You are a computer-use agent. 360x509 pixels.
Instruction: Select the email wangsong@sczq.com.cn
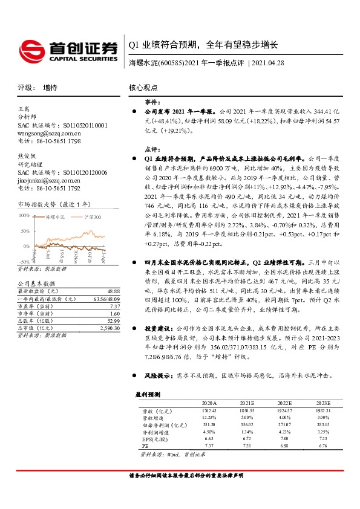tap(49, 132)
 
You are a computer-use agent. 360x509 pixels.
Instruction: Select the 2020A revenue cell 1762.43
tap(208, 410)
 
